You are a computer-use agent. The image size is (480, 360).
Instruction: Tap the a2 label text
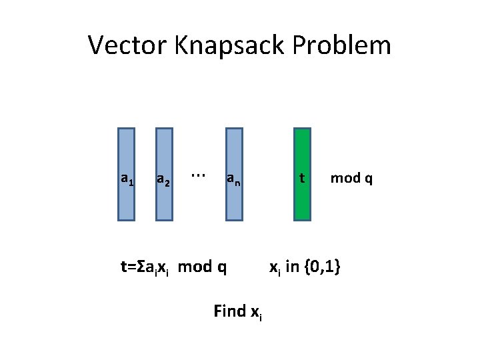point(163,179)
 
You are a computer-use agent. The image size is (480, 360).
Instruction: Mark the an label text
point(233,179)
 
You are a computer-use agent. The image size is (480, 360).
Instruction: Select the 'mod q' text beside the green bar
point(351,178)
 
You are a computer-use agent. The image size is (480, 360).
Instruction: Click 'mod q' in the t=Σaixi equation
point(203,267)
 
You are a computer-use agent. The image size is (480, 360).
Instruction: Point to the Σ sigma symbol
point(141,267)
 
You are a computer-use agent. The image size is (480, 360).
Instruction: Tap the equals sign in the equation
point(131,267)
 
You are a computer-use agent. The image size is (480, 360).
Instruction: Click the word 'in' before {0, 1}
point(291,267)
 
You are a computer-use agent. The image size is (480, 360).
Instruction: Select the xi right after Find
point(257,312)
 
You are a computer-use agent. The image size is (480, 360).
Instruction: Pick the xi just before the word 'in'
point(273,269)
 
